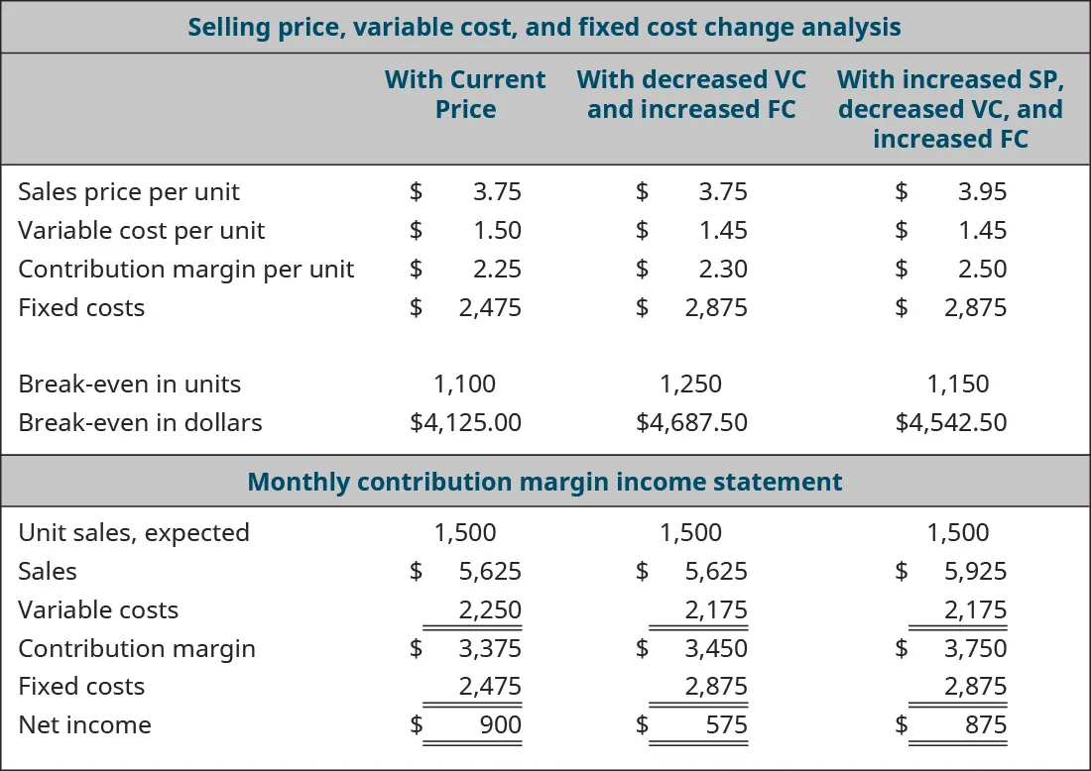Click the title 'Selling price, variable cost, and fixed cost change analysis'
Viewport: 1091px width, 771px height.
[x=545, y=27]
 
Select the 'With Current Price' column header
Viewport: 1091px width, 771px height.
[x=465, y=94]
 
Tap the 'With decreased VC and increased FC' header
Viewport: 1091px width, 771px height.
[x=691, y=94]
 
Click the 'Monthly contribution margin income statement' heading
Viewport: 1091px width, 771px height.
[x=545, y=482]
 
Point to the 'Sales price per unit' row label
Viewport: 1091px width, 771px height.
[x=129, y=191]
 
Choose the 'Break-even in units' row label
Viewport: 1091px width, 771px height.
[x=129, y=384]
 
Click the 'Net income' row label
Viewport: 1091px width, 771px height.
[x=84, y=724]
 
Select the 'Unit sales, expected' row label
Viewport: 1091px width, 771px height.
[x=134, y=532]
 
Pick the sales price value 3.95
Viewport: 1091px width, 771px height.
[x=982, y=191]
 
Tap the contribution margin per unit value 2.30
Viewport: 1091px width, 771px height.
[x=723, y=269]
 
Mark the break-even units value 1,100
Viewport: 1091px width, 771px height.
[x=465, y=384]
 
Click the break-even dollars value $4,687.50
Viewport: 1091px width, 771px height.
[x=691, y=422]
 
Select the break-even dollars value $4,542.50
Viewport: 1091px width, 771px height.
[x=950, y=422]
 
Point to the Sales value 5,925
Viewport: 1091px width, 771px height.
[x=975, y=571]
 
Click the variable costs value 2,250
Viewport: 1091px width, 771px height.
[x=490, y=609]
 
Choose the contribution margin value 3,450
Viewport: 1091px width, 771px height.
[x=716, y=648]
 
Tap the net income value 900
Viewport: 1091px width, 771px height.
[x=500, y=724]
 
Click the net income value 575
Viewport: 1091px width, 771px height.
[x=727, y=724]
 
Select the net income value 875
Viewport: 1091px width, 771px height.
[x=985, y=724]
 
